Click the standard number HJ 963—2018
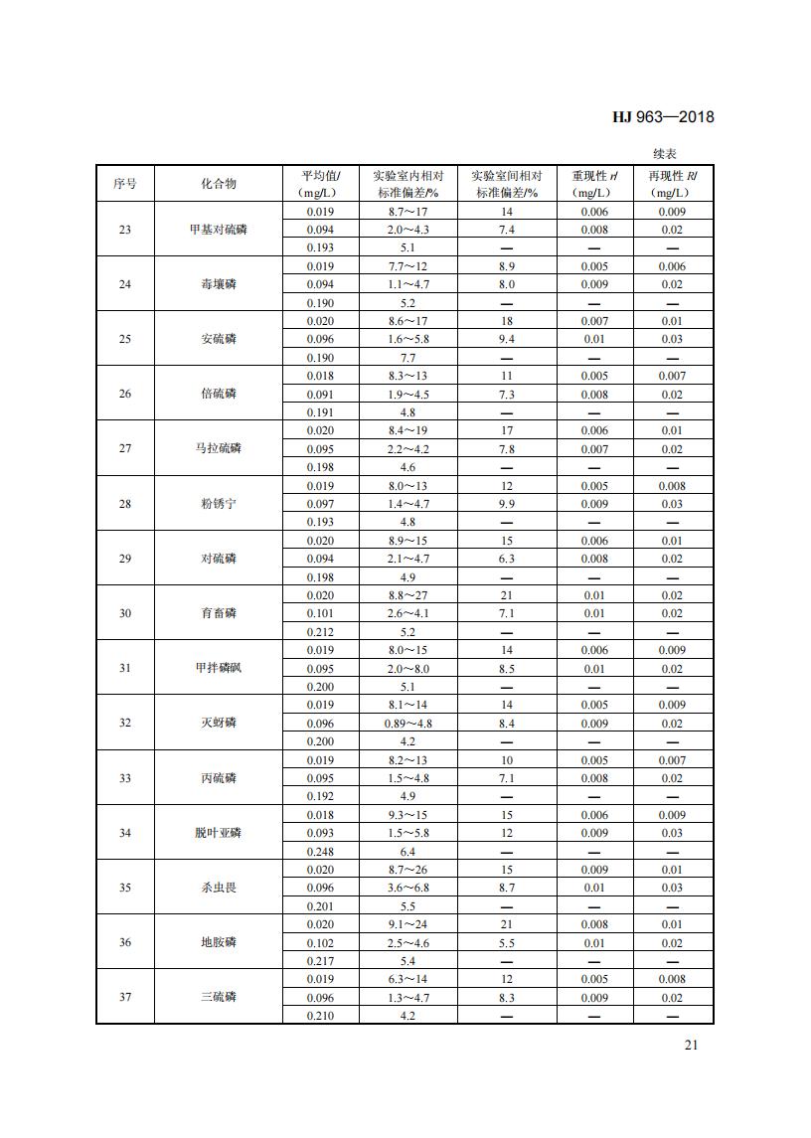(662, 117)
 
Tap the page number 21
(692, 1045)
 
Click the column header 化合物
(219, 184)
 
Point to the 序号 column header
(125, 184)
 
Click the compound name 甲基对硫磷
(219, 230)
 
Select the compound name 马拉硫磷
(219, 448)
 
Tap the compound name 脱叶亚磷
(219, 833)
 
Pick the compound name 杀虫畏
(219, 888)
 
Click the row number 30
(125, 613)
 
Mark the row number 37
(125, 997)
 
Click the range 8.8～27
(407, 595)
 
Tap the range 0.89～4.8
(407, 724)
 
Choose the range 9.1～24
(407, 924)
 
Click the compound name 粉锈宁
(219, 504)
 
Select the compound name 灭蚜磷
(219, 723)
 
